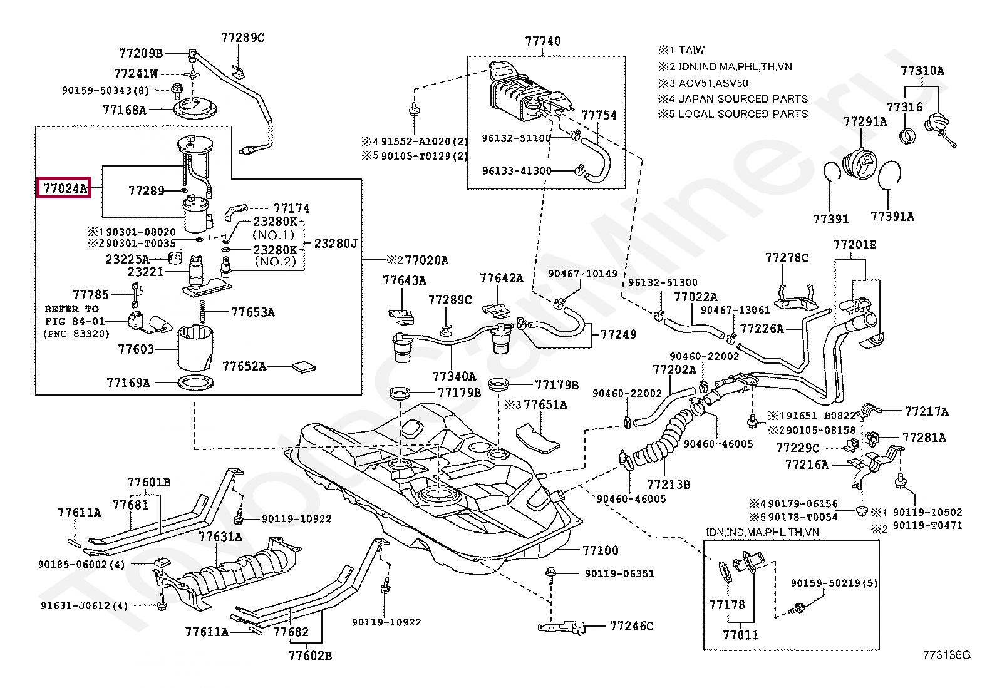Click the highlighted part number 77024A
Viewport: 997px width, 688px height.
tap(64, 188)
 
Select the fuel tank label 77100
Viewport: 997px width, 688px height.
tap(600, 550)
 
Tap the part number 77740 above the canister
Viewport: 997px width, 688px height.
tap(543, 41)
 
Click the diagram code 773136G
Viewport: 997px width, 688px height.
tap(947, 655)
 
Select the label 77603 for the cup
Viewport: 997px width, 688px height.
tap(136, 349)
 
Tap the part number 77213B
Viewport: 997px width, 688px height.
tap(668, 484)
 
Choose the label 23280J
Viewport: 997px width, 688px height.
tap(336, 243)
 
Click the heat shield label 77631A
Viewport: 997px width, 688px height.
tap(220, 537)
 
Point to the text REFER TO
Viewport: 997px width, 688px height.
tap(71, 309)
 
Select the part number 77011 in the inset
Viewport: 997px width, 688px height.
tap(740, 635)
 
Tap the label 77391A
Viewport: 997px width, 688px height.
tap(892, 217)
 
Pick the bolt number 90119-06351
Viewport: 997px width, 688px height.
tap(619, 573)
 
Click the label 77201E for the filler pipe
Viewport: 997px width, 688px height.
tap(854, 245)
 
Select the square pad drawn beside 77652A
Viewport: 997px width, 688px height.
tap(305, 366)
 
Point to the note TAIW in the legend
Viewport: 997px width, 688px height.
tap(691, 50)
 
